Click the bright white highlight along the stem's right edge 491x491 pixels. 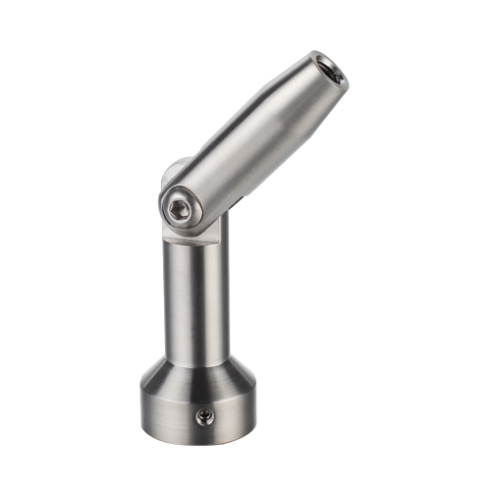tap(225, 295)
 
